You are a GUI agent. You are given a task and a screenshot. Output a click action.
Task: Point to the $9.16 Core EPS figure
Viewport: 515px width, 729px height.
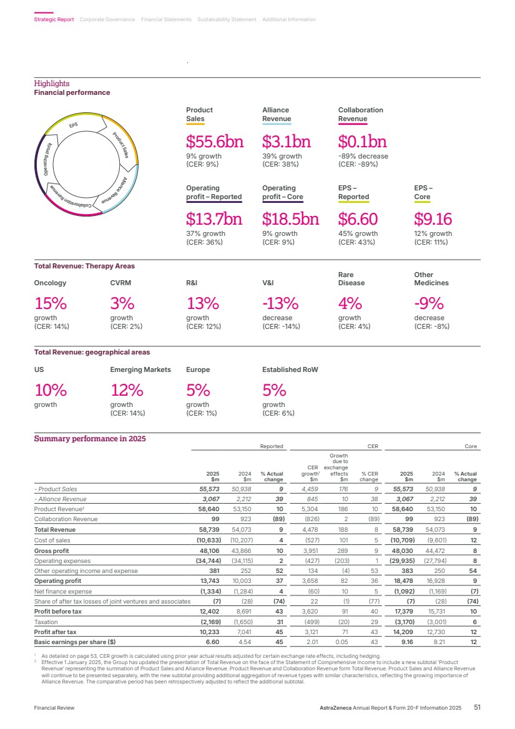point(433,219)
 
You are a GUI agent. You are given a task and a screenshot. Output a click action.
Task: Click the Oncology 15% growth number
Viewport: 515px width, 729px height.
point(51,303)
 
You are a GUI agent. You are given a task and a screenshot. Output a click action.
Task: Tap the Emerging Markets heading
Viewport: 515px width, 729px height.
point(140,369)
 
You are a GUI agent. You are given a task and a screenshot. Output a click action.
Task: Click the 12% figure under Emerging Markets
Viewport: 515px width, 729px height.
point(127,390)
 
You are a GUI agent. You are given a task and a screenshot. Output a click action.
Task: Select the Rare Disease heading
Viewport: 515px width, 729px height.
point(351,278)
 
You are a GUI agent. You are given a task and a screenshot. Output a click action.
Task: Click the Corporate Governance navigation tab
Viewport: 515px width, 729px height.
point(107,19)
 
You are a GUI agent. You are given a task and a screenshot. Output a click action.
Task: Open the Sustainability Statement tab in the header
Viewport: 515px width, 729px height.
point(227,19)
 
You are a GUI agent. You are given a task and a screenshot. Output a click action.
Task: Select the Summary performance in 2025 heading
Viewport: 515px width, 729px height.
point(89,439)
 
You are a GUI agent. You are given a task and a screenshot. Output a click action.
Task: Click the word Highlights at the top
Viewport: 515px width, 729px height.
point(52,84)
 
